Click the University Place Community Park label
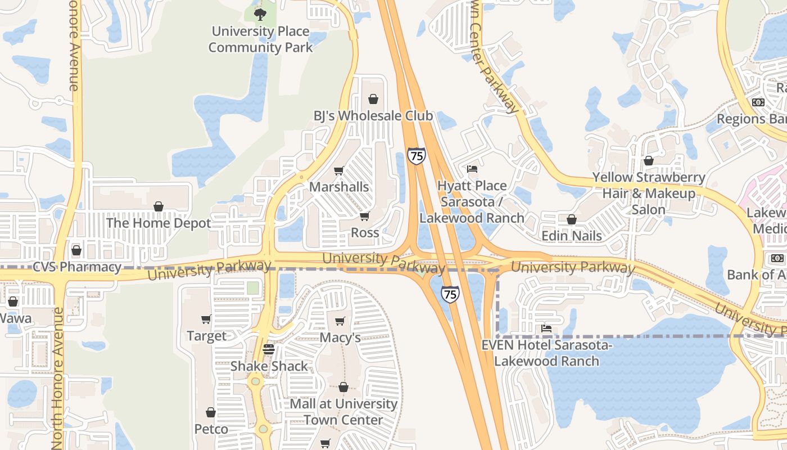click(260, 39)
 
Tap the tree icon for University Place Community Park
click(259, 14)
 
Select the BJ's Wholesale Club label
click(373, 116)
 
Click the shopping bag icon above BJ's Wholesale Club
click(373, 100)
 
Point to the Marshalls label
click(339, 187)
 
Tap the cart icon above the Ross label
click(365, 216)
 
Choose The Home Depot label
click(159, 223)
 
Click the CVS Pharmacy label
click(77, 267)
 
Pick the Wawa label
click(15, 318)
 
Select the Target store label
click(206, 336)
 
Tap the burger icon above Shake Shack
click(269, 349)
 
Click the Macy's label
click(340, 337)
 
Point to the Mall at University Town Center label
click(343, 412)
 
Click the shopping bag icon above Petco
click(211, 412)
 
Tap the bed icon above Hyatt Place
click(472, 169)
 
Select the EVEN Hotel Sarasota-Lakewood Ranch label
click(546, 353)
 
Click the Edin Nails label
click(572, 235)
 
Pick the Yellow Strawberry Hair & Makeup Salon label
click(649, 193)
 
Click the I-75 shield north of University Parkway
click(417, 155)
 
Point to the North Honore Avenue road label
click(58, 377)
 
